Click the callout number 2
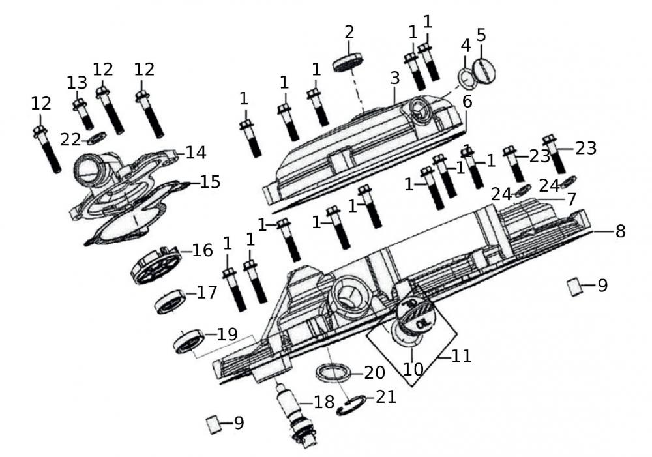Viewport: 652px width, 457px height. [350, 32]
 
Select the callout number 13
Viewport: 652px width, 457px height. [76, 82]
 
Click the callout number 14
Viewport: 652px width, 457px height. [196, 153]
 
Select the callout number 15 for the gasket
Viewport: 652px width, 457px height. [210, 182]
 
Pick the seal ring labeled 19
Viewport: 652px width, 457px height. [190, 341]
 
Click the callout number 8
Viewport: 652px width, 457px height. [619, 231]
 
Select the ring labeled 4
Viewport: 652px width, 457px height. [468, 79]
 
